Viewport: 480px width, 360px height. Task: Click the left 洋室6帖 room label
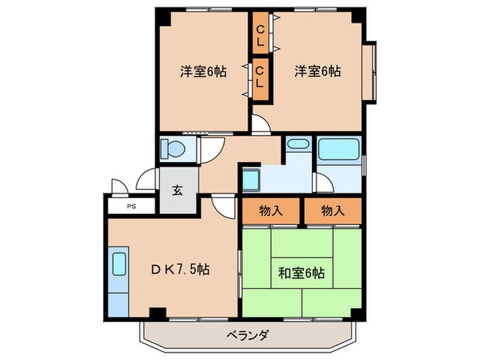tap(204, 71)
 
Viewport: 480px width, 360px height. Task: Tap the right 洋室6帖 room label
tap(318, 71)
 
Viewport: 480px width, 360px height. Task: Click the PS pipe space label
tap(131, 205)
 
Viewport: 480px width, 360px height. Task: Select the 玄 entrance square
tap(177, 190)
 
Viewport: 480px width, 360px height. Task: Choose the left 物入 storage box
tap(271, 211)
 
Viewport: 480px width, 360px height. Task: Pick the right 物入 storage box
tap(332, 211)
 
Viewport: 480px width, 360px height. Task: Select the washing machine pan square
tap(250, 179)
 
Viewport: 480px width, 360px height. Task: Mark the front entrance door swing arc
tap(145, 179)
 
